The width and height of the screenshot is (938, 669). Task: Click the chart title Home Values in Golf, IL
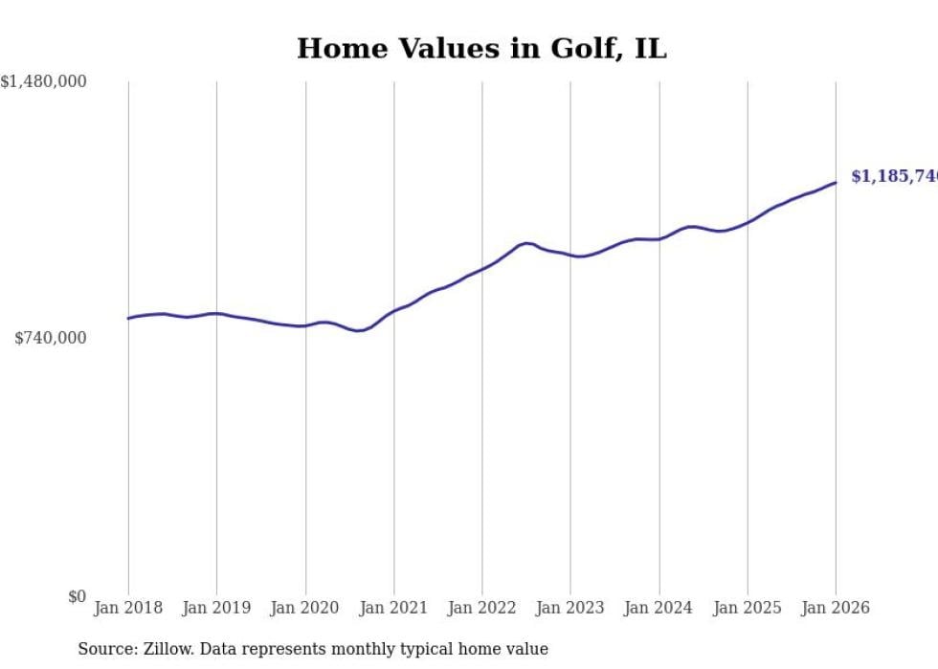(481, 49)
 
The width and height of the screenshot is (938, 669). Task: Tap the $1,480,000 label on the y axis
(44, 82)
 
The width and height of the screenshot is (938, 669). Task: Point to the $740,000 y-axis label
(51, 338)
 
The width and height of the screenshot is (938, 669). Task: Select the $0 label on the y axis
(77, 597)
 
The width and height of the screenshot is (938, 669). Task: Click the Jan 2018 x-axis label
(128, 608)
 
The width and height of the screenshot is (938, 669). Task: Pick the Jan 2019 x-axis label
(216, 608)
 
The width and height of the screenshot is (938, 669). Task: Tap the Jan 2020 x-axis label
(305, 608)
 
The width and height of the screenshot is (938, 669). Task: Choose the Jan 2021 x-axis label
(393, 608)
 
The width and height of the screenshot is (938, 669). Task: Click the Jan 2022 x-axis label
(482, 608)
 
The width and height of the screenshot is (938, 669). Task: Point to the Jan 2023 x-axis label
(570, 608)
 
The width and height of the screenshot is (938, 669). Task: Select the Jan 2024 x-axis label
(659, 608)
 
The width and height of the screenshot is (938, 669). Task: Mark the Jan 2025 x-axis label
(748, 608)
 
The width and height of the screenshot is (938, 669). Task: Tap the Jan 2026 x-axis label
(836, 608)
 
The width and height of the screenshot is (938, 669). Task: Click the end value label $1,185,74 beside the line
(894, 176)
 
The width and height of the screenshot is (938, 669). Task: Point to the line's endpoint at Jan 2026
(836, 182)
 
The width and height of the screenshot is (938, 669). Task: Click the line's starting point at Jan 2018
(128, 318)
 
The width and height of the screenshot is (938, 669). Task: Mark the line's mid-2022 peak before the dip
(525, 243)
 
